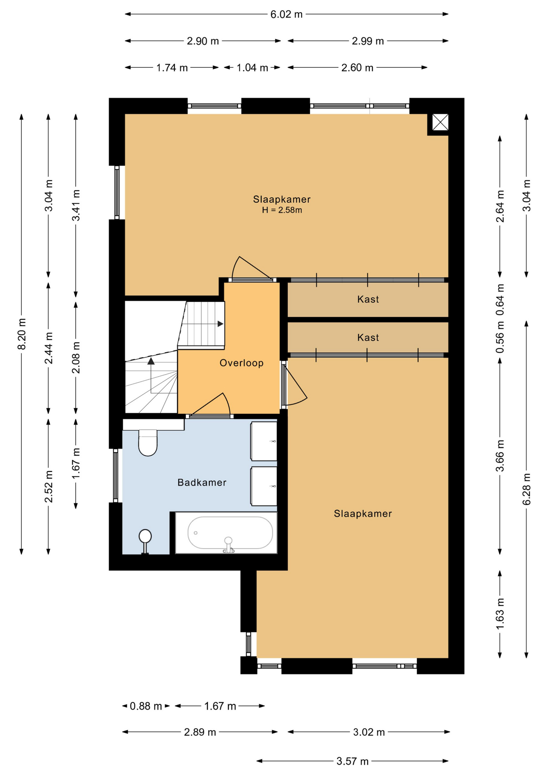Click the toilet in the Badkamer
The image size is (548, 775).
148,442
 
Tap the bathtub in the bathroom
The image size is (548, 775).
226,533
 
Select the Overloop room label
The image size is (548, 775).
241,363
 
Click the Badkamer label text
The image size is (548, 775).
202,482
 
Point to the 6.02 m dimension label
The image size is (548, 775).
287,15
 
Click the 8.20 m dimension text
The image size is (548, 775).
22,334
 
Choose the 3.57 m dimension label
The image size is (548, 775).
353,761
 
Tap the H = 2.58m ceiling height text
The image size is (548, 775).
282,210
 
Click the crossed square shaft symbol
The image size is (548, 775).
440,122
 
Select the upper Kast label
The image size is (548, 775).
368,299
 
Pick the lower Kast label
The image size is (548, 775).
368,337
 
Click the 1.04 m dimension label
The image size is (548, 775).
252,67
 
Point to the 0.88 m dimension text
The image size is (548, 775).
146,706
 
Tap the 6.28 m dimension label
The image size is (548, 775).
527,489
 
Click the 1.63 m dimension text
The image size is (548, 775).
500,614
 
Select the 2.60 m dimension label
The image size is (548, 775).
357,67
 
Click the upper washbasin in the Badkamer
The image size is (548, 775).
264,441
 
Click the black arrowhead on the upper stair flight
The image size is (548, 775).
220,324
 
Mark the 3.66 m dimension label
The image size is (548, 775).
500,456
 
